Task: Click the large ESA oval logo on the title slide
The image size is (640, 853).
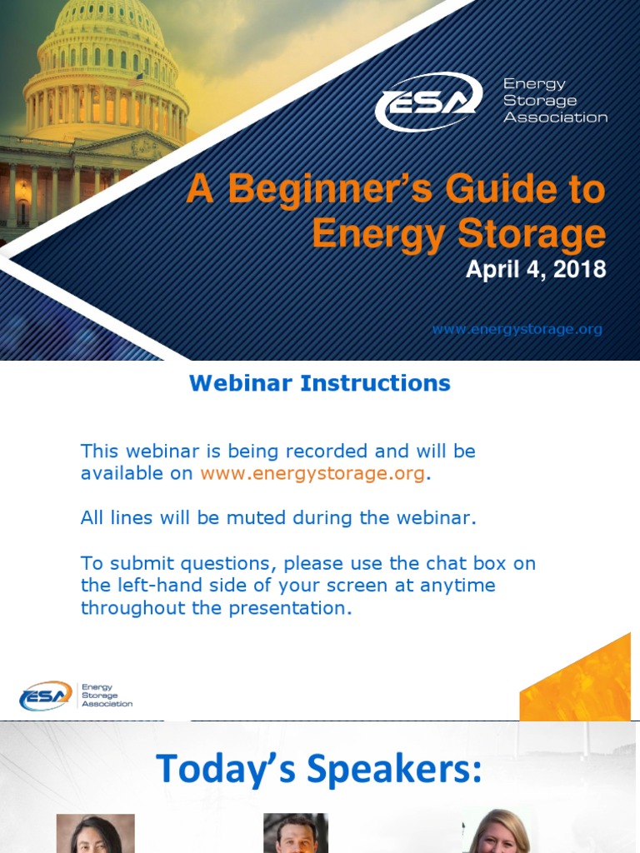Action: point(428,102)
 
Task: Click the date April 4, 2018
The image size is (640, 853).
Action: point(535,270)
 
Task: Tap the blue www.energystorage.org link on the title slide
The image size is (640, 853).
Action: point(516,329)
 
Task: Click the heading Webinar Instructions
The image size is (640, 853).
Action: point(319,383)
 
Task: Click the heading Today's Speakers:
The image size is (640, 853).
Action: point(319,768)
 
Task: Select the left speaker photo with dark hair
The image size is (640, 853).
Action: point(95,833)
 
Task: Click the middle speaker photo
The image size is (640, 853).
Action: point(296,833)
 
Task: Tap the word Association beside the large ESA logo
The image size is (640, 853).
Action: point(555,117)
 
